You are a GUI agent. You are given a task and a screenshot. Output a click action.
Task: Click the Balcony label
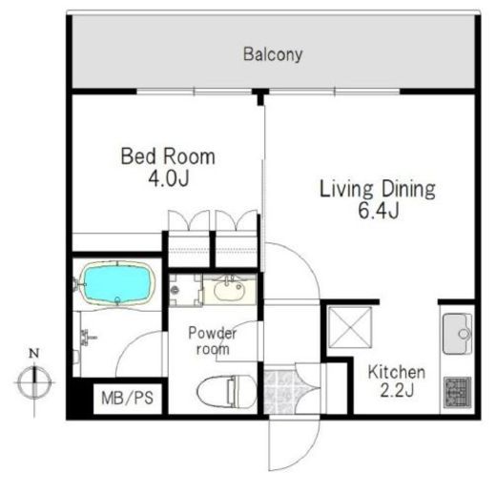[x=273, y=54]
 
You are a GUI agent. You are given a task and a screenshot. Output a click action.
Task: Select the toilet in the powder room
[x=226, y=391]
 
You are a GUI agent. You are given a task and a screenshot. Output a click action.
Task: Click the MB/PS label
[x=127, y=398]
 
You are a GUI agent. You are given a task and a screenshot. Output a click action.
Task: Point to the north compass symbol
[x=34, y=382]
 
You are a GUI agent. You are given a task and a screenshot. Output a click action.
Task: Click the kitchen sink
[x=457, y=334]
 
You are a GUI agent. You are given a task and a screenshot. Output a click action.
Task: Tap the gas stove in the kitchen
[x=458, y=393]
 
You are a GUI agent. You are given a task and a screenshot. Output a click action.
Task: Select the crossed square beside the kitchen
[x=349, y=327]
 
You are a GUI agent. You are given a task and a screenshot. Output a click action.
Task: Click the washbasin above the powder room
[x=229, y=290]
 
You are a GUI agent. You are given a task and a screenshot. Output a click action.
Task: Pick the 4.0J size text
[x=169, y=178]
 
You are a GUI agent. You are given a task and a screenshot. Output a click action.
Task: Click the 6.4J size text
[x=379, y=211]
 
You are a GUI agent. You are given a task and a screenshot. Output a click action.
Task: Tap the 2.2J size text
[x=397, y=391]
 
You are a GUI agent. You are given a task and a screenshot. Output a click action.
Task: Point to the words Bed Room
[x=168, y=156]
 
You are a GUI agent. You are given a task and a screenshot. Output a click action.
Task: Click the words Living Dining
[x=378, y=189]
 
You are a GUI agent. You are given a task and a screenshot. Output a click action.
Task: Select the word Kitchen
[x=397, y=372]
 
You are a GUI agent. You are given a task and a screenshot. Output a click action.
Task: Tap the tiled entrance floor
[x=279, y=392]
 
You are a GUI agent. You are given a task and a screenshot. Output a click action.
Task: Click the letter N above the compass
[x=34, y=354]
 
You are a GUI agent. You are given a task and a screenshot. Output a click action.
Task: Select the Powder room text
[x=213, y=340]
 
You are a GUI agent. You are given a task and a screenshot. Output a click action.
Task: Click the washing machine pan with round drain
[x=185, y=290]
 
